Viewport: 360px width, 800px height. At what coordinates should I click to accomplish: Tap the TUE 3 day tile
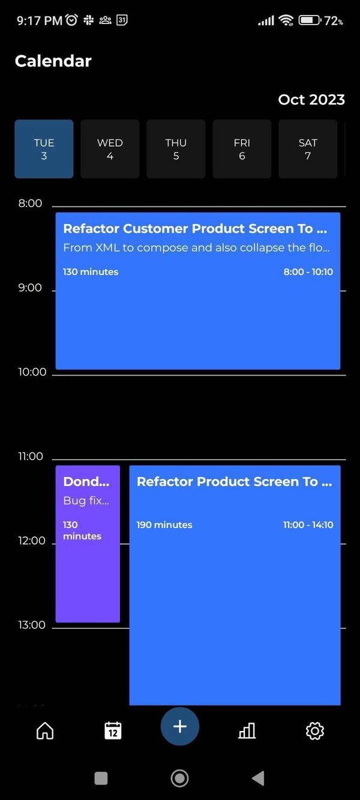click(x=44, y=149)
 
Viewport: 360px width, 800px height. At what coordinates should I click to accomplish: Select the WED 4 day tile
click(x=110, y=149)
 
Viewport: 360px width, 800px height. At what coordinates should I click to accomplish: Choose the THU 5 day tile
click(x=176, y=149)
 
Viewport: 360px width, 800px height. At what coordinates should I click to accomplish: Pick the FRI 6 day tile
click(x=242, y=149)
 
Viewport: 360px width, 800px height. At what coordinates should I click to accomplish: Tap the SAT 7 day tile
click(x=308, y=149)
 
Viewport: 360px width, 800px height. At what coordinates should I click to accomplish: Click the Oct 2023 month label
click(x=311, y=100)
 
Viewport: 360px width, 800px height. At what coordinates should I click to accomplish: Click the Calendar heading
click(x=53, y=61)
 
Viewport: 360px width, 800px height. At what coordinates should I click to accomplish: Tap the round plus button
click(x=179, y=726)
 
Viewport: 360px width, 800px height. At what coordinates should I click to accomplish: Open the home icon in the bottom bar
click(x=45, y=730)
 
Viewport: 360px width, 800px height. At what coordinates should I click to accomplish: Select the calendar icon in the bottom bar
click(x=113, y=730)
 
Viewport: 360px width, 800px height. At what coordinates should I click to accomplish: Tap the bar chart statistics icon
click(x=247, y=730)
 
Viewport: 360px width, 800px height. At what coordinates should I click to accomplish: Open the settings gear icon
click(x=314, y=730)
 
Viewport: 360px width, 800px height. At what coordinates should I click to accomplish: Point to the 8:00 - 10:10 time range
click(x=308, y=272)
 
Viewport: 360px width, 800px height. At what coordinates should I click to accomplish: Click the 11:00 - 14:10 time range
click(x=308, y=525)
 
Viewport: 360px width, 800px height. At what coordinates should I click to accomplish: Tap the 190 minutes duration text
click(x=164, y=525)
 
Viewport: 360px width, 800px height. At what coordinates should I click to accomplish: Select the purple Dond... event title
click(x=86, y=481)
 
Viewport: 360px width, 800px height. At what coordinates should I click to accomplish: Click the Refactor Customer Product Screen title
click(x=195, y=229)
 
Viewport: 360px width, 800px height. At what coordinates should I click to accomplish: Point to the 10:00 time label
click(x=32, y=372)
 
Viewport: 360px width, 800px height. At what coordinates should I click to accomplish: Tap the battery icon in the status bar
click(x=310, y=20)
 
